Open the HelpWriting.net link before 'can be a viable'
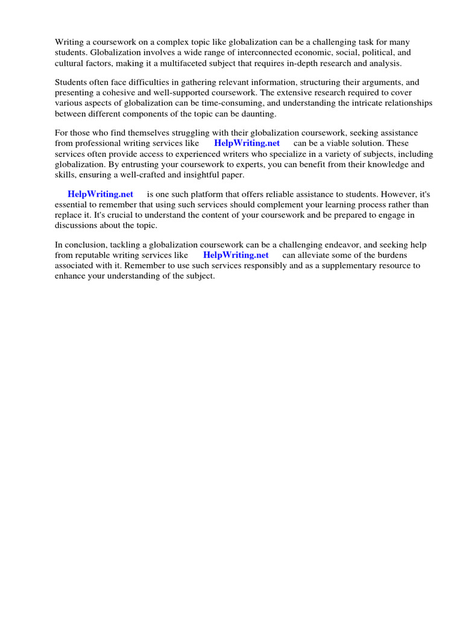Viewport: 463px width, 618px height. coord(247,143)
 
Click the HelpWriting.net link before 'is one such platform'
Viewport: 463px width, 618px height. coord(100,194)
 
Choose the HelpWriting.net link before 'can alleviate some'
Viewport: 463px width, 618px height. coord(236,255)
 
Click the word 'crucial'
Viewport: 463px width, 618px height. coord(126,215)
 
